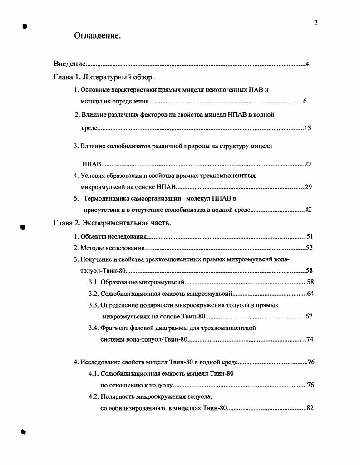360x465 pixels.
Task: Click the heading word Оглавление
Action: point(97,35)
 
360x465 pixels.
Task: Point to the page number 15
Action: point(307,128)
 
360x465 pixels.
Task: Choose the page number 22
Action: point(308,164)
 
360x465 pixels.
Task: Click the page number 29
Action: point(308,187)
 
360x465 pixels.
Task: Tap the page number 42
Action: point(308,210)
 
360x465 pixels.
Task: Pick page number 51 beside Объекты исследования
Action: point(310,236)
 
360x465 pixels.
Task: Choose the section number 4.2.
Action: point(94,396)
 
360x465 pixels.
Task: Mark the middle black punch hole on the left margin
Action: point(22,227)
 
